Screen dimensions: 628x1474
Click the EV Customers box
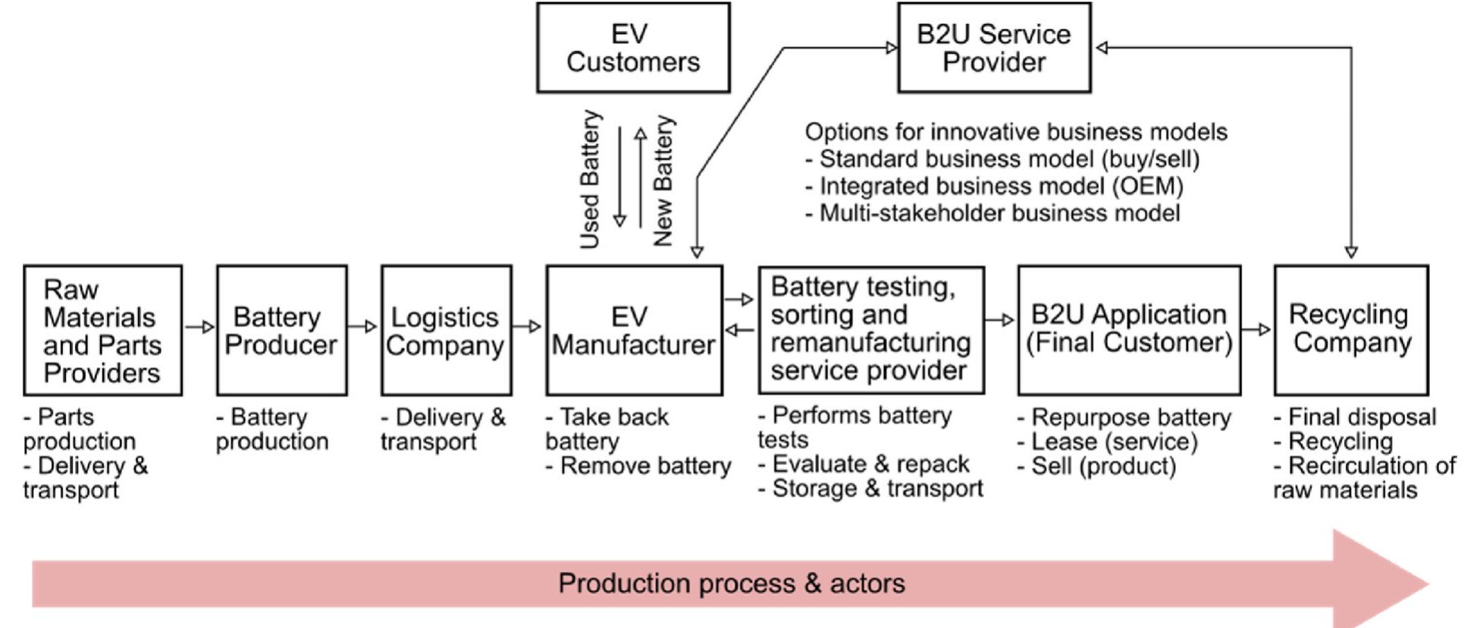[633, 48]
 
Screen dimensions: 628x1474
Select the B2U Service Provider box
[993, 48]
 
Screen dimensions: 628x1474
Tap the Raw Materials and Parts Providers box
[102, 331]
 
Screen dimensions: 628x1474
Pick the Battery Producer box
[281, 331]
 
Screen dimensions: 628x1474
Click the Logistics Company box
[446, 331]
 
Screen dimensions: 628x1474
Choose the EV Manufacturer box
[633, 331]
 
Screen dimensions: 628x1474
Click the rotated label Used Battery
[590, 180]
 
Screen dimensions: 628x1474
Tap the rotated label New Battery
[663, 181]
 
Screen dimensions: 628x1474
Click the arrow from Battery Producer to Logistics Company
[363, 327]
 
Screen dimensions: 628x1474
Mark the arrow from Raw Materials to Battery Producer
[199, 327]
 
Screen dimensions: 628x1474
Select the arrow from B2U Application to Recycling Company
[1256, 329]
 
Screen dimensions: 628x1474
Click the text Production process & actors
[731, 583]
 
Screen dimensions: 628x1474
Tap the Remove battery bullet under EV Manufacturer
[638, 466]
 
